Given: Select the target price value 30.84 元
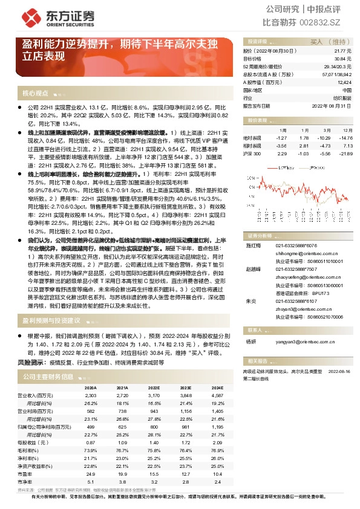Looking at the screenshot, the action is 343,59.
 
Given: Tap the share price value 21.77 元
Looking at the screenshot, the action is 343,52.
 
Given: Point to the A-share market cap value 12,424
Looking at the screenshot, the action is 344,82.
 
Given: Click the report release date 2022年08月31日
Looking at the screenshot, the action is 332,105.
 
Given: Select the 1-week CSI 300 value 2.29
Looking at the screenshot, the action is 283,154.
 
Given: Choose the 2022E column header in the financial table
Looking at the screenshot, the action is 154,387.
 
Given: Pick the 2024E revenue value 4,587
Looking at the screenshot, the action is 217,395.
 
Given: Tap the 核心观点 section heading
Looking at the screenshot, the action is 35,93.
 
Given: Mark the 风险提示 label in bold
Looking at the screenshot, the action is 30,362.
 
